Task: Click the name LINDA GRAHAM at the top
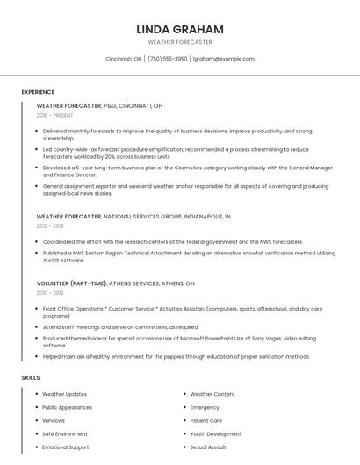coord(180,29)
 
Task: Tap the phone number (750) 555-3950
coord(167,59)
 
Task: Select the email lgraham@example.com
coord(224,59)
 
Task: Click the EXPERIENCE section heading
coord(38,92)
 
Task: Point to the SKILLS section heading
coord(31,377)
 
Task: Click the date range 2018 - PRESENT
coord(56,115)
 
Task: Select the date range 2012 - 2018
coord(49,225)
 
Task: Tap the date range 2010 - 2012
coord(49,294)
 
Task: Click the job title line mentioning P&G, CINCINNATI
coord(99,105)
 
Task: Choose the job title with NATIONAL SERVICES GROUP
coord(133,216)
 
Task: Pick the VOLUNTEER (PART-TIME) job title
coord(115,284)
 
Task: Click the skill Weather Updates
coord(65,394)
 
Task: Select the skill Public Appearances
coord(67,407)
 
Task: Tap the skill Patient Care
coord(207,420)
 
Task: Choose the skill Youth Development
coord(215,433)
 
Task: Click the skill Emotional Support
coord(66,447)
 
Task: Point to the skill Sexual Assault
coord(209,447)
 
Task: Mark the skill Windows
coord(54,420)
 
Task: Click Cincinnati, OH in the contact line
coord(124,59)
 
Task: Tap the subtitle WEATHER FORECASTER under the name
coord(180,42)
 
